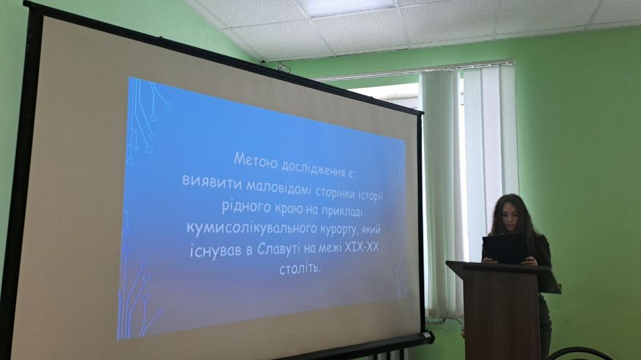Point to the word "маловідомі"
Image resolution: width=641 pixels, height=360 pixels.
[x=279, y=187]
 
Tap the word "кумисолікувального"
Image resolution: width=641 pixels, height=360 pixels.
[x=252, y=228]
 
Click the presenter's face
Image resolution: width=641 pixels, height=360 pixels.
[x=511, y=217]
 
